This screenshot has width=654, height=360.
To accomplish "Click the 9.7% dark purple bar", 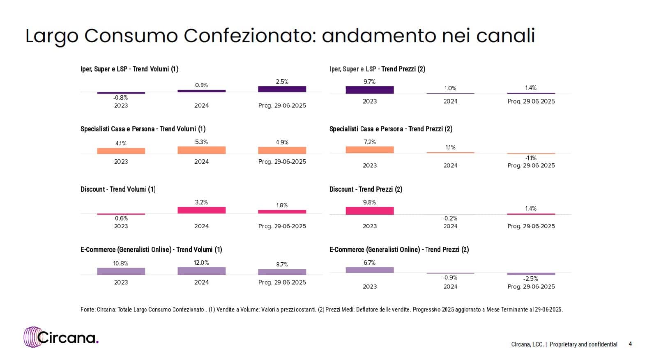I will coord(369,90).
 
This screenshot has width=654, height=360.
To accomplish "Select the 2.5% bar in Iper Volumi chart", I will coord(282,89).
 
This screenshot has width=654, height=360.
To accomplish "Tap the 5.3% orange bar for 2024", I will coord(201,150).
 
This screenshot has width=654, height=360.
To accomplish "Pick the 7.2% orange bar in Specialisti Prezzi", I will coord(369,150).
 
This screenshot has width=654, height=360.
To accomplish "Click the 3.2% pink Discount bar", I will coord(201,210).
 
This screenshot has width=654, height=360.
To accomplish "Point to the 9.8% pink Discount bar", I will coord(369,211).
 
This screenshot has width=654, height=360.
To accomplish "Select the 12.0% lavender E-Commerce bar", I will coord(201,271).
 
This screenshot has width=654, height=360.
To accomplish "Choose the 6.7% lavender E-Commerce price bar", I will coord(369,270).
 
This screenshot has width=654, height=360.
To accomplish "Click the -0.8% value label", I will coord(120,98).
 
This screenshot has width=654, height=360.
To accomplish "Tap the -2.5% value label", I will coord(530,279).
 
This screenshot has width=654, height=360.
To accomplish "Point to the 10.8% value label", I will coord(120,264).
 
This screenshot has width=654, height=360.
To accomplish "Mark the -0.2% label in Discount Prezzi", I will coord(450,218).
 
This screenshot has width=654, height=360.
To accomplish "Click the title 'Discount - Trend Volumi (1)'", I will coord(118,189).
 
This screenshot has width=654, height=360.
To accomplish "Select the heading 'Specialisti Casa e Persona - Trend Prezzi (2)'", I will coord(391,129).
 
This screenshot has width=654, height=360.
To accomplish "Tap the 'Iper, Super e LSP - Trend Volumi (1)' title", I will coord(129,69).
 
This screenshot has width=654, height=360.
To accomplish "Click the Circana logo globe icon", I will coord(32,337).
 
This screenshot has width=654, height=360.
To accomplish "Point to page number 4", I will coord(630,344).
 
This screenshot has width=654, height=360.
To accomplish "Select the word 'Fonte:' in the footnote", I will coord(88,310).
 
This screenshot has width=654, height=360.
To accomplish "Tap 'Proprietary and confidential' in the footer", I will coord(583,344).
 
